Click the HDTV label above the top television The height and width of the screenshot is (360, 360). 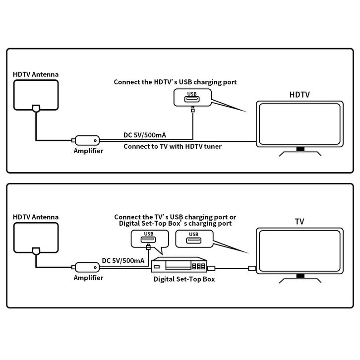click(300, 94)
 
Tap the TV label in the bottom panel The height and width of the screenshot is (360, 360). click(300, 222)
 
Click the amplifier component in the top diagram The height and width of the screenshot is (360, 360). click(87, 140)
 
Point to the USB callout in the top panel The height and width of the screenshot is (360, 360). click(192, 97)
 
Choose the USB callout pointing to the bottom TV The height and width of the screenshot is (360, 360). click(193, 240)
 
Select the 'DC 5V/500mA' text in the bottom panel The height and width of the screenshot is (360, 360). click(123, 260)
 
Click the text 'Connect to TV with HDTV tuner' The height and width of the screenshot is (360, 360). click(172, 146)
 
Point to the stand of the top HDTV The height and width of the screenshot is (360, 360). click(299, 151)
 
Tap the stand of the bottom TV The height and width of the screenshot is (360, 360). click(299, 279)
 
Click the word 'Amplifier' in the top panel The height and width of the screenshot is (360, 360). click(88, 151)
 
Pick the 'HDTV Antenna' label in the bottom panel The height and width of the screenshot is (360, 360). click(36, 217)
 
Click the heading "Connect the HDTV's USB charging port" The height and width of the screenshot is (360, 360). click(175, 82)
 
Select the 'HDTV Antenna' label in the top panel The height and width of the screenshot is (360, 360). click(36, 74)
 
